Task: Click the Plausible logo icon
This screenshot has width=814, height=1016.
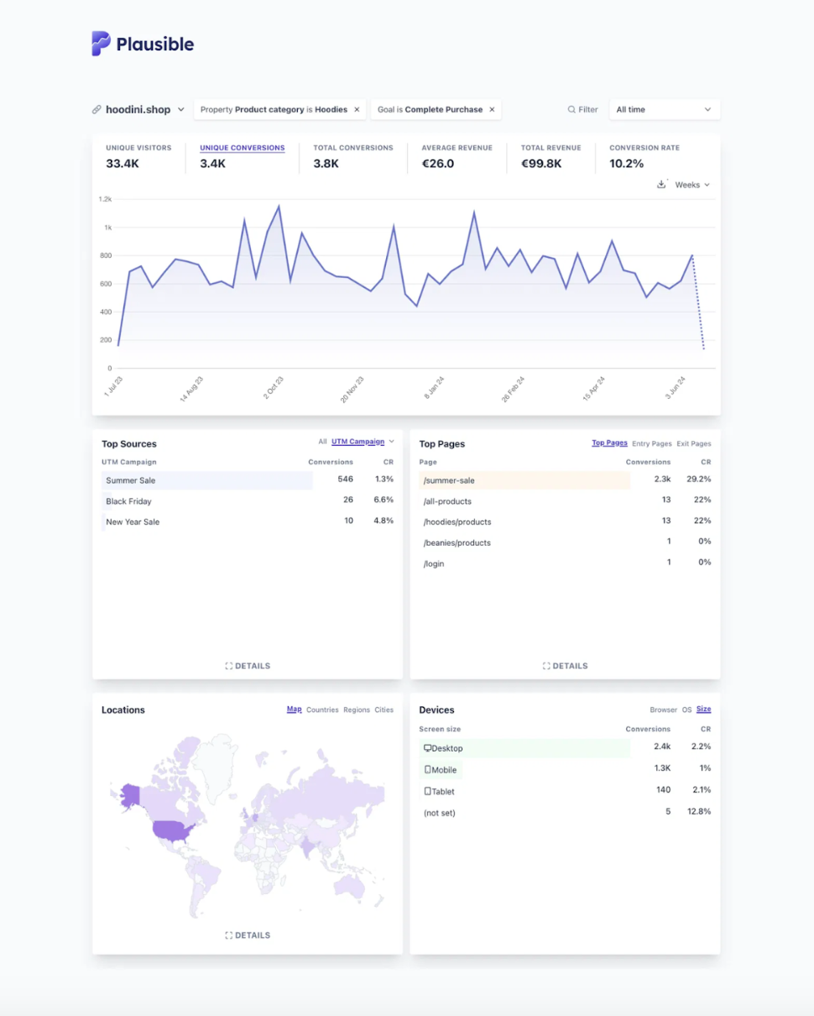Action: click(101, 44)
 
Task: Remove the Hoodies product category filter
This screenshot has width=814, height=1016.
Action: click(357, 109)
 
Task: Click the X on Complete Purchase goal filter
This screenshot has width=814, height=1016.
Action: click(492, 109)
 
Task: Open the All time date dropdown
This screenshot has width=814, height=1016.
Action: click(663, 109)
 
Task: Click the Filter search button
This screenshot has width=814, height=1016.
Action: click(582, 109)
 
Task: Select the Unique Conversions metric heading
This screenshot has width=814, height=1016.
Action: click(242, 148)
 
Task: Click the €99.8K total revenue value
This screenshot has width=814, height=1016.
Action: click(541, 164)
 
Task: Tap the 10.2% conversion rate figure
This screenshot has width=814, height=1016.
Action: click(626, 164)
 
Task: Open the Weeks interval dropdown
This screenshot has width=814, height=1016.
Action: click(692, 185)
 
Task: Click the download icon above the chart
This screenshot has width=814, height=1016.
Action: click(661, 184)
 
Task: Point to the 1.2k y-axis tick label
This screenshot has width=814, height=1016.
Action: click(105, 199)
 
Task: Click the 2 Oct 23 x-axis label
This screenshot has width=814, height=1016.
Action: click(274, 387)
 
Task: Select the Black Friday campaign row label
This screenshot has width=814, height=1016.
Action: click(128, 501)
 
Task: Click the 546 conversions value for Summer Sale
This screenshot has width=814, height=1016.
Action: click(345, 479)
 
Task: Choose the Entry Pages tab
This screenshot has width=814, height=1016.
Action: click(651, 443)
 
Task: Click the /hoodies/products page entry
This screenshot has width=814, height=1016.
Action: click(457, 522)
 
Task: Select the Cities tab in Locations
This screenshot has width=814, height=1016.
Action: click(384, 710)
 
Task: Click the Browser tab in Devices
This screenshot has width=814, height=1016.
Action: click(663, 710)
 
